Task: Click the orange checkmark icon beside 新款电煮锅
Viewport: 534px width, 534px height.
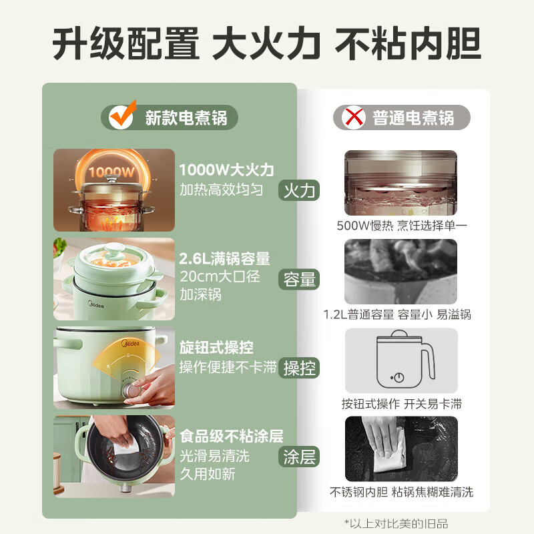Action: pos(122,115)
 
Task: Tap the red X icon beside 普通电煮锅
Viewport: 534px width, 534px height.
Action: pos(352,118)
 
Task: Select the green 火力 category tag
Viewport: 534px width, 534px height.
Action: pos(300,191)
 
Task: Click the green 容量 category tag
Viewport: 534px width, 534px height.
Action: pos(300,279)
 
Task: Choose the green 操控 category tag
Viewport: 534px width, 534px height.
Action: pos(300,368)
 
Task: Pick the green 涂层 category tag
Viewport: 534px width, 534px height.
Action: pos(300,457)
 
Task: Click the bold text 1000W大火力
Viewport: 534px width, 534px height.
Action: pos(226,170)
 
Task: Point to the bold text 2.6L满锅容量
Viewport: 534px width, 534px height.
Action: pos(224,259)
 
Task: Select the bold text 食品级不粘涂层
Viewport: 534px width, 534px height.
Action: pos(231,437)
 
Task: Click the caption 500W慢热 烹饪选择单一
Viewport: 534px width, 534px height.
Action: pos(402,226)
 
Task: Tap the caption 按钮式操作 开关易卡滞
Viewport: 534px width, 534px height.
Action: pos(402,403)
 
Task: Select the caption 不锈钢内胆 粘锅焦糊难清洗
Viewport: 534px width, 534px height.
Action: pos(402,492)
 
